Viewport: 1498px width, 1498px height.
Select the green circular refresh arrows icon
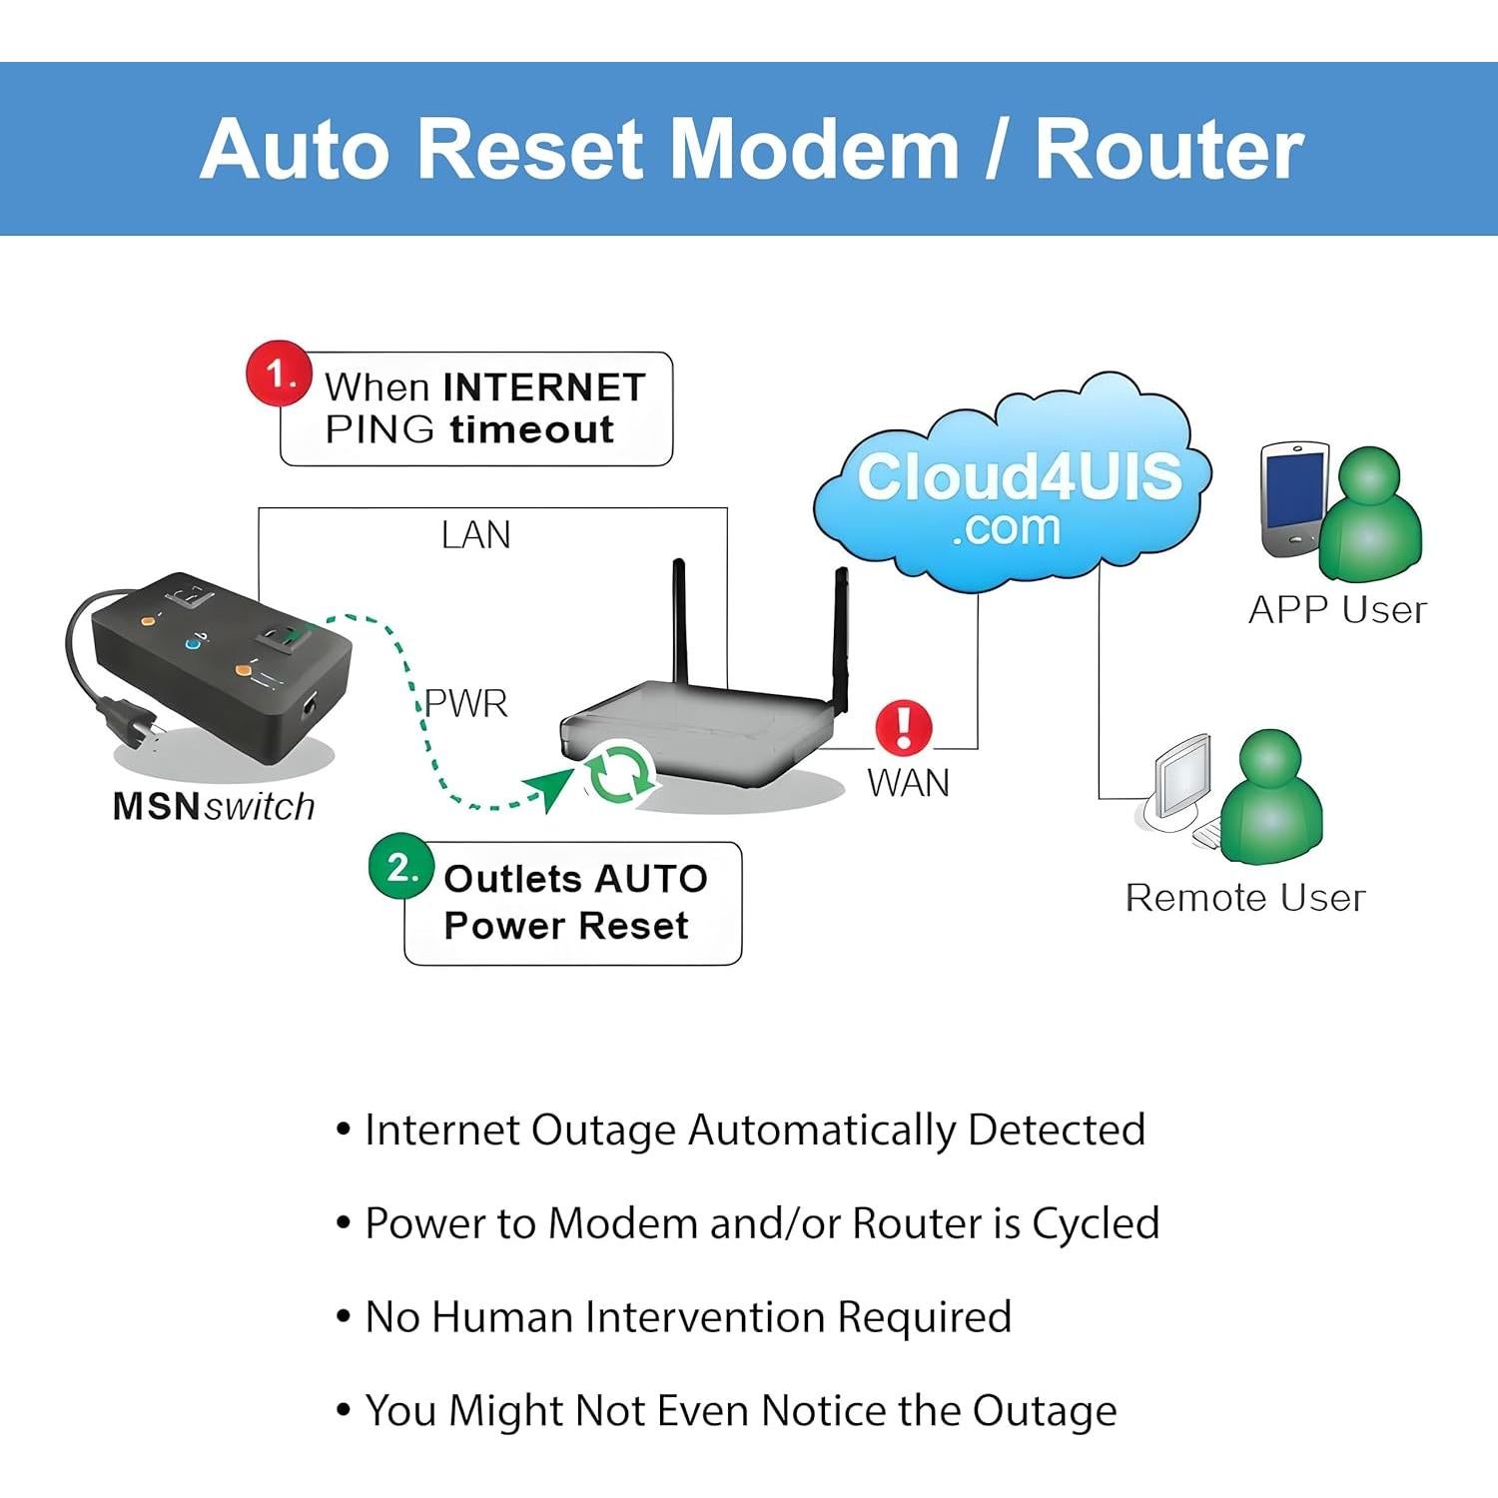(620, 772)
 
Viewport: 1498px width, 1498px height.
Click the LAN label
(475, 535)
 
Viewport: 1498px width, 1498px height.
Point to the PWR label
(465, 703)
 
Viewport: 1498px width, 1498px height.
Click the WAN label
(908, 782)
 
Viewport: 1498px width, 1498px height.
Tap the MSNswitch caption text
(214, 806)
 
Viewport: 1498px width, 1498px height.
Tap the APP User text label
(1337, 609)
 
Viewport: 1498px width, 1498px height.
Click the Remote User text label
(1244, 897)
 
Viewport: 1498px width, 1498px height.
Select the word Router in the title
(1168, 150)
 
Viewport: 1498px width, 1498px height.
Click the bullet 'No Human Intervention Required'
(687, 1316)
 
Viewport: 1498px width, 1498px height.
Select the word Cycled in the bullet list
(1095, 1223)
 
